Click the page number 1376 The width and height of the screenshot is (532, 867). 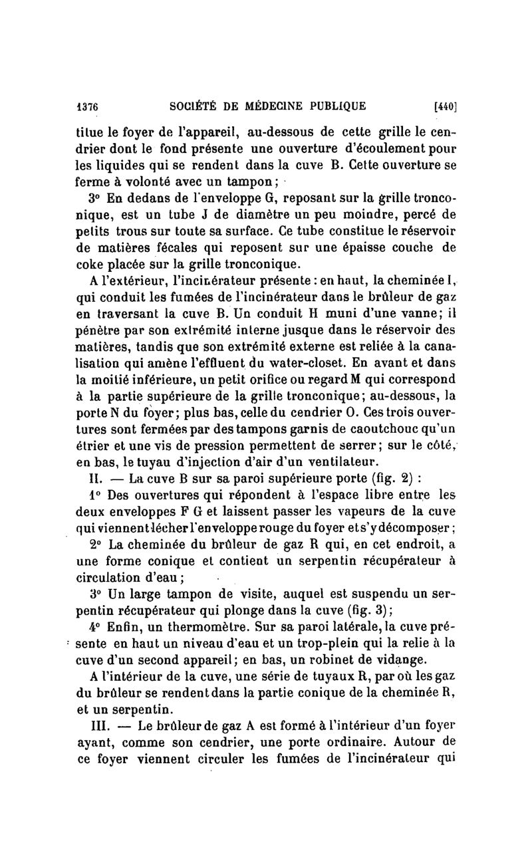coord(88,104)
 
